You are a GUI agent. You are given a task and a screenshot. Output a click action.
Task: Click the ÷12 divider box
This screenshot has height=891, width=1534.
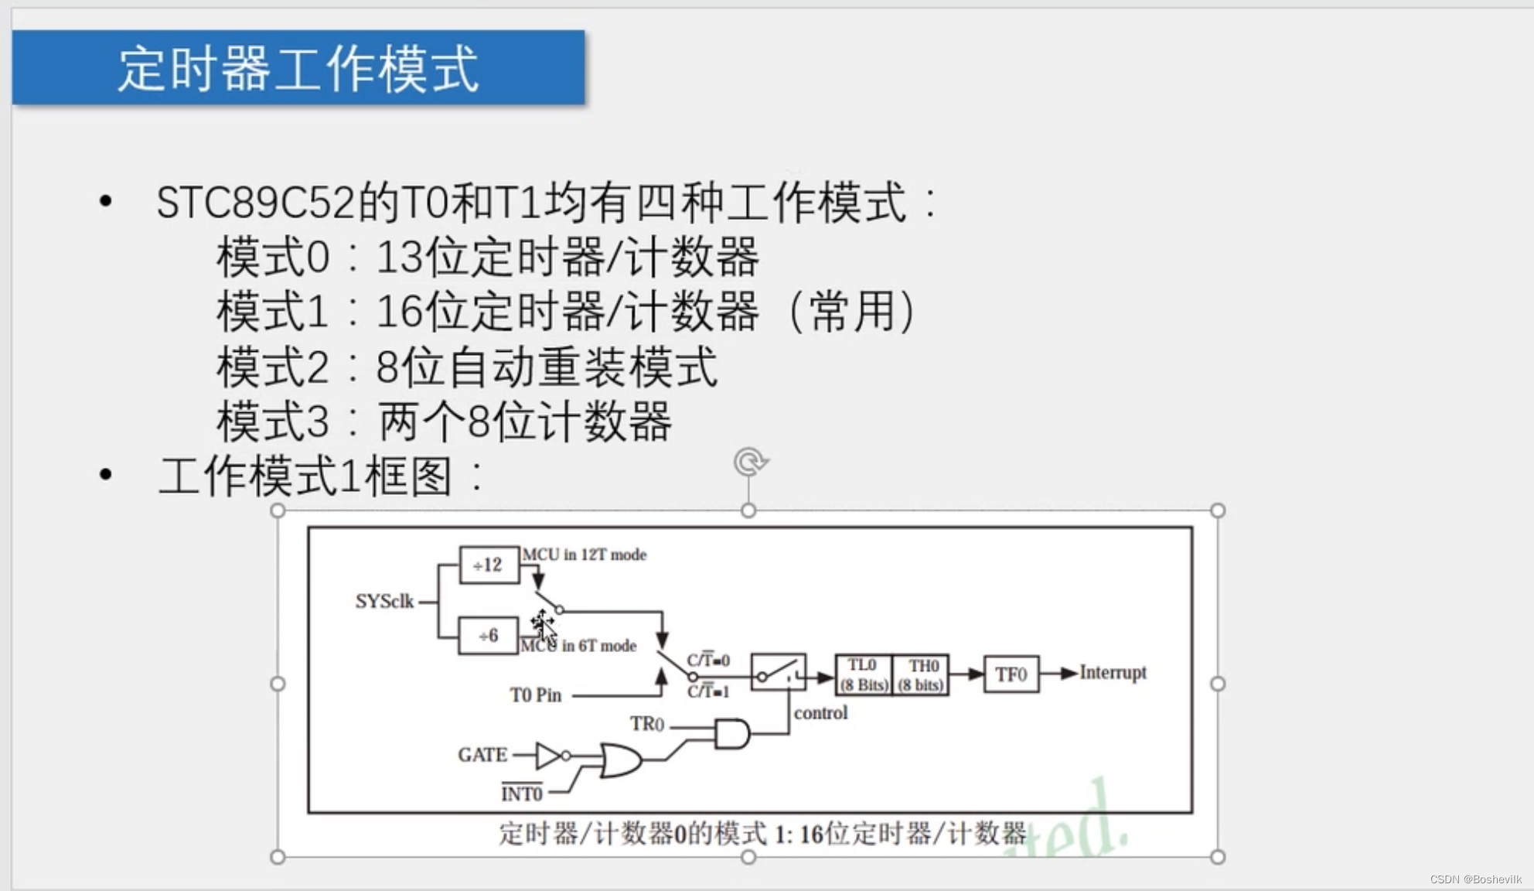(489, 565)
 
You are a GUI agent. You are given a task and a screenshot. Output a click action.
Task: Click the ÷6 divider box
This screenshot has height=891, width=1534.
(488, 636)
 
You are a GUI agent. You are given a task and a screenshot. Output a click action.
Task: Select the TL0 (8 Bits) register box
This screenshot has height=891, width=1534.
(864, 675)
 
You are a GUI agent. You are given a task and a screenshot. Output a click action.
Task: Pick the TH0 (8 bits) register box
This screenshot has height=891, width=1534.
(922, 675)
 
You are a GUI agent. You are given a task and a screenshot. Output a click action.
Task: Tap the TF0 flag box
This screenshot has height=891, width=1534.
(1011, 674)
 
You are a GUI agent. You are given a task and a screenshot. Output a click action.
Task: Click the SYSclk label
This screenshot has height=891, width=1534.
(384, 601)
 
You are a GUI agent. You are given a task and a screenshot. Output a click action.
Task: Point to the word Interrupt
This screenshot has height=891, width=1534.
(1113, 672)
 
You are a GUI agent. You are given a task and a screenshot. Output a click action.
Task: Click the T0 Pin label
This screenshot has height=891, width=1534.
(535, 695)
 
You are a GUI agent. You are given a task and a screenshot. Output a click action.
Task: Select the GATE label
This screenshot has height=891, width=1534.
(482, 755)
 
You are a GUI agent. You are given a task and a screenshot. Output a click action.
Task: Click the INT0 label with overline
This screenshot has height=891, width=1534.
(522, 794)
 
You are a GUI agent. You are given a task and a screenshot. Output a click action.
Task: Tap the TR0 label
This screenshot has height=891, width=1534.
(646, 724)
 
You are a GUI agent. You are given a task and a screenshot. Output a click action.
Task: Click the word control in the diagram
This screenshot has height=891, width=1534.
(820, 712)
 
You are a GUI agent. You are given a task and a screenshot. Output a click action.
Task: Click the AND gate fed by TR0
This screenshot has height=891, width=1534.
(731, 733)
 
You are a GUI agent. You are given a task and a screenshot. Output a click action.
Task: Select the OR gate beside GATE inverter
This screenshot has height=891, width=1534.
(621, 760)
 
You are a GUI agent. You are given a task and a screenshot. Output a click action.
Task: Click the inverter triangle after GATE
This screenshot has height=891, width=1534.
(548, 756)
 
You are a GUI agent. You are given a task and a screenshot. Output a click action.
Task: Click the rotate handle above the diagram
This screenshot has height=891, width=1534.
(749, 463)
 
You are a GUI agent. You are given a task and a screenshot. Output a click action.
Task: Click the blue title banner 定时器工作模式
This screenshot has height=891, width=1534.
(298, 68)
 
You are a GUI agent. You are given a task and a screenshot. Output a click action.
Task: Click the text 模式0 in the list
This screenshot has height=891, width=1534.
(273, 257)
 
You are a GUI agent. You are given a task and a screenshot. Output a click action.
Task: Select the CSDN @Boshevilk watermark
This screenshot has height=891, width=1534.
(1475, 879)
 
